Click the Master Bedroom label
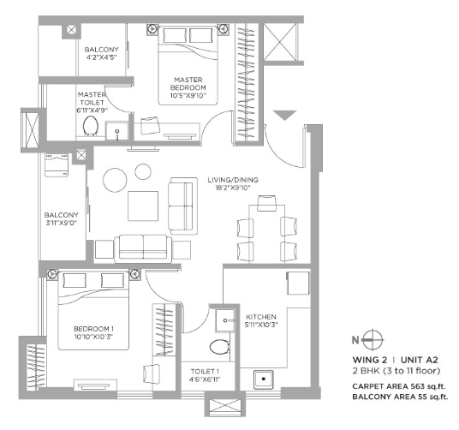(188, 83)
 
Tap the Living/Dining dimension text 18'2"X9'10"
(233, 188)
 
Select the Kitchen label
(261, 317)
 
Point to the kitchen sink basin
(264, 379)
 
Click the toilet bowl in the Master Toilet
(91, 126)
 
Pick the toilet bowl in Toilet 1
(219, 347)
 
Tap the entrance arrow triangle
(285, 116)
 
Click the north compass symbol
(373, 340)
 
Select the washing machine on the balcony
(57, 165)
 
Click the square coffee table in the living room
(143, 206)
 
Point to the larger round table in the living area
(115, 180)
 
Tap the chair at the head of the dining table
(266, 203)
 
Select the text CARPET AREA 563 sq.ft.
(399, 386)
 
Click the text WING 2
(370, 360)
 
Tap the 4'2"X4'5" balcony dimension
(102, 57)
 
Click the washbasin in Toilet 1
(225, 320)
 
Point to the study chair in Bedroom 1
(152, 373)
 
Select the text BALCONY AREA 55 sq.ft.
(400, 397)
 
